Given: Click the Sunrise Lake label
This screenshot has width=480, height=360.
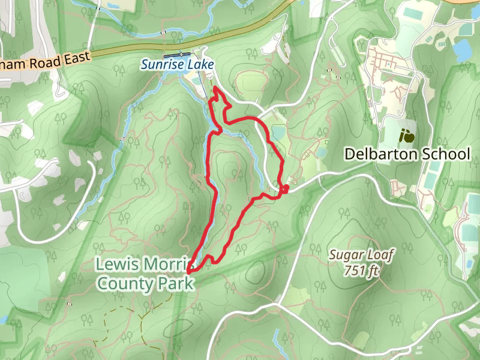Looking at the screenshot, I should (178, 64).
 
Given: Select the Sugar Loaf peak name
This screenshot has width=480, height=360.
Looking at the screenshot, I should (362, 255).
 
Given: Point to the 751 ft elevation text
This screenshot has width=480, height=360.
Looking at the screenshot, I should (362, 271).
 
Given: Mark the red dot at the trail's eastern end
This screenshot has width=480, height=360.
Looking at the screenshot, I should (286, 188).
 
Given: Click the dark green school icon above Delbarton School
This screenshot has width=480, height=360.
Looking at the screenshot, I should (407, 135).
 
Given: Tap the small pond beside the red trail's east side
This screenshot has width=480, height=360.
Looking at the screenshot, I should (278, 131).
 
